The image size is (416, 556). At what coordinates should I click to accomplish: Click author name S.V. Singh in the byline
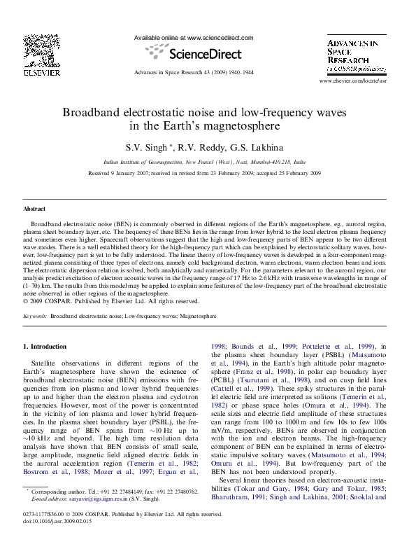point(147,148)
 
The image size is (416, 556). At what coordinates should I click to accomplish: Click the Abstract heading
point(34,209)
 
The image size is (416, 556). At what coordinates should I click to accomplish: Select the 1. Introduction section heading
point(45,347)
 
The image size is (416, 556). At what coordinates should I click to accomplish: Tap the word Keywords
point(35,317)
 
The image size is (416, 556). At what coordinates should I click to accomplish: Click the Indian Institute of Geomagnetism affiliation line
point(208,160)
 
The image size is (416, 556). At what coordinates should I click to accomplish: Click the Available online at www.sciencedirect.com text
point(193,38)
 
